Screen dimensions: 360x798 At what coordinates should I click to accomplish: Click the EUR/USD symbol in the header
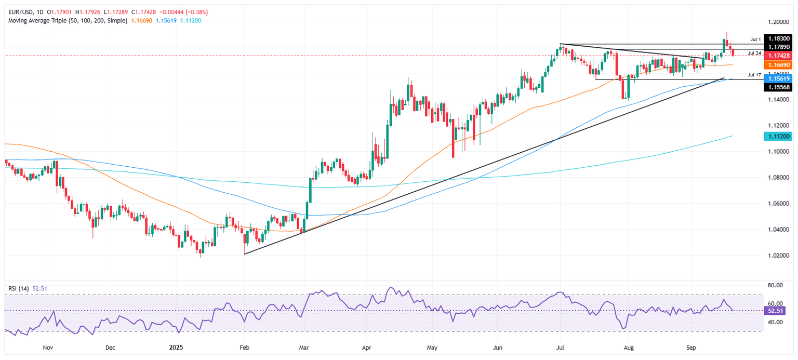click(x=19, y=12)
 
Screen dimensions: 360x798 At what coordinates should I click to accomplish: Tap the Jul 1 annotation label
click(x=755, y=39)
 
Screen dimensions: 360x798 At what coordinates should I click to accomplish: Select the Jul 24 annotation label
click(x=754, y=53)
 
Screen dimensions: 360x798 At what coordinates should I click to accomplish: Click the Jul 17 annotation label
click(x=754, y=75)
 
